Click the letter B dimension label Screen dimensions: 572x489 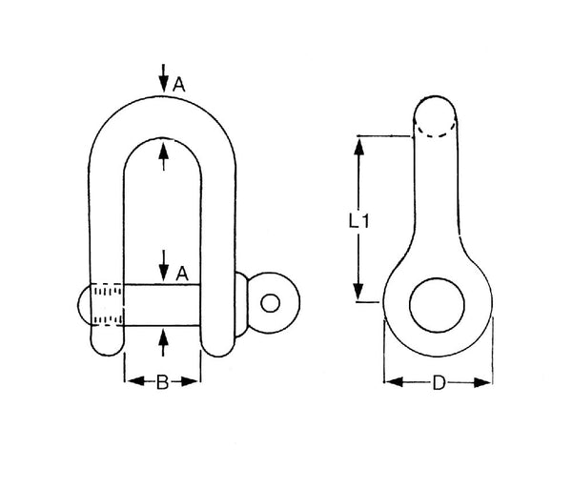click(x=162, y=382)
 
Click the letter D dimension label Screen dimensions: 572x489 click(x=439, y=383)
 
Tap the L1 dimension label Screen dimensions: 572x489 click(x=359, y=220)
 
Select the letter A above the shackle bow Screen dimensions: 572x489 click(x=179, y=85)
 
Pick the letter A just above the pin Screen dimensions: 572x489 click(x=182, y=274)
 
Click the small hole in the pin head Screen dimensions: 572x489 click(x=271, y=303)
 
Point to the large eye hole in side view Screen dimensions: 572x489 click(x=437, y=305)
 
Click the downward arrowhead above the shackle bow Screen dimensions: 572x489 click(x=164, y=85)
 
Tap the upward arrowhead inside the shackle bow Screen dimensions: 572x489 click(x=164, y=150)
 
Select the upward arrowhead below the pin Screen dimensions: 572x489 click(x=164, y=337)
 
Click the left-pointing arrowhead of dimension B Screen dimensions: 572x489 click(x=135, y=382)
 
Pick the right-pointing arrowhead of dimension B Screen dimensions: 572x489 click(x=190, y=382)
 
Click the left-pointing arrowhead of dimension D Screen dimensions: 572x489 click(x=394, y=382)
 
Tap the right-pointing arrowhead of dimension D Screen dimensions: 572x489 click(x=482, y=382)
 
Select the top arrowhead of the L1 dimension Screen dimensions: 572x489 click(x=359, y=146)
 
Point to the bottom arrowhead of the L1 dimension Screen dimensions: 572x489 click(x=359, y=291)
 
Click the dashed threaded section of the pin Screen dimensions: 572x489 click(x=107, y=304)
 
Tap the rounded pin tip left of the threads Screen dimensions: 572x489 click(x=84, y=304)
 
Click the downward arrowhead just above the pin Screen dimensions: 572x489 click(x=164, y=272)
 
